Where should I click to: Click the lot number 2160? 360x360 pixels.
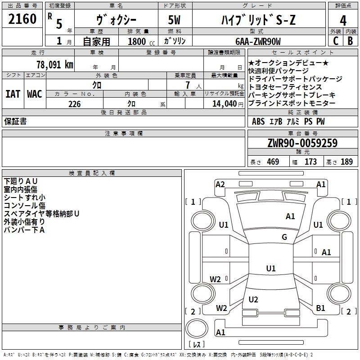pos(22,19)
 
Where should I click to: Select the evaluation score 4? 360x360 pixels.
pos(343,21)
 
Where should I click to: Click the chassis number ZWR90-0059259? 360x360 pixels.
pos(302,143)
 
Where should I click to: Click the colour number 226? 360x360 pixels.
pos(74,103)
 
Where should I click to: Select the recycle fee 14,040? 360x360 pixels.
pos(224,103)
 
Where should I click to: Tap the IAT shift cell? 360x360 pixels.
pos(13,94)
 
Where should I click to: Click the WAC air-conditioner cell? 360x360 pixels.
pos(35,94)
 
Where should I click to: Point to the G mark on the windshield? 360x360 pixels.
pos(284,237)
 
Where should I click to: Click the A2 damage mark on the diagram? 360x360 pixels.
pos(220,184)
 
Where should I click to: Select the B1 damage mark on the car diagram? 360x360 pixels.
pos(320,308)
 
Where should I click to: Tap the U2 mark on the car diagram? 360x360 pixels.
pos(253,299)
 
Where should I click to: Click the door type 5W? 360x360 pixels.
pos(175,20)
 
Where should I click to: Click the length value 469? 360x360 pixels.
pos(273,162)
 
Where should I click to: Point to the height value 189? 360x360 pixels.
pos(347,162)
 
